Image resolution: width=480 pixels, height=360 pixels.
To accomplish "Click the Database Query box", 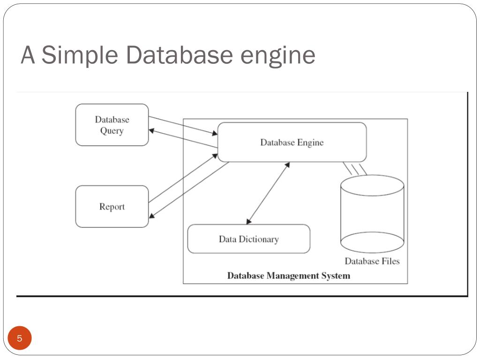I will (112, 125).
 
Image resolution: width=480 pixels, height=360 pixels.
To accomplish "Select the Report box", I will (112, 207).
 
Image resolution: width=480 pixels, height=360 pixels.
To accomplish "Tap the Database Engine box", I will (292, 142).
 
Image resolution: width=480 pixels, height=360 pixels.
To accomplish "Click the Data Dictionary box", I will (248, 239).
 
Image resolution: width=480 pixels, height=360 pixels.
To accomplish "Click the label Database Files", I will (372, 261).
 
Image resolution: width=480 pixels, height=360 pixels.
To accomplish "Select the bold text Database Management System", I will (289, 276).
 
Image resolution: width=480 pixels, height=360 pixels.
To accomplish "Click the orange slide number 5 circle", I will (20, 338).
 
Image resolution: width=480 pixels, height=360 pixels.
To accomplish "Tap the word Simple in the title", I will (80, 55).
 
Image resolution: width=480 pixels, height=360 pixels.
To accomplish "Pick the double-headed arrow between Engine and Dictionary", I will (268, 193).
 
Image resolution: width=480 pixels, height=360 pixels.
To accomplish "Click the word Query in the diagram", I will (112, 131).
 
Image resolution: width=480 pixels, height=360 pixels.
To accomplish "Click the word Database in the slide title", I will (179, 55).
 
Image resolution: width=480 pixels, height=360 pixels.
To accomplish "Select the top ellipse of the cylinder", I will (372, 185).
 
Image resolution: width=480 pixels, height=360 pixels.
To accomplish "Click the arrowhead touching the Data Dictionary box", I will (249, 222).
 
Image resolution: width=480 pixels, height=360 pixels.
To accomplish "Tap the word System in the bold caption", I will (336, 276).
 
